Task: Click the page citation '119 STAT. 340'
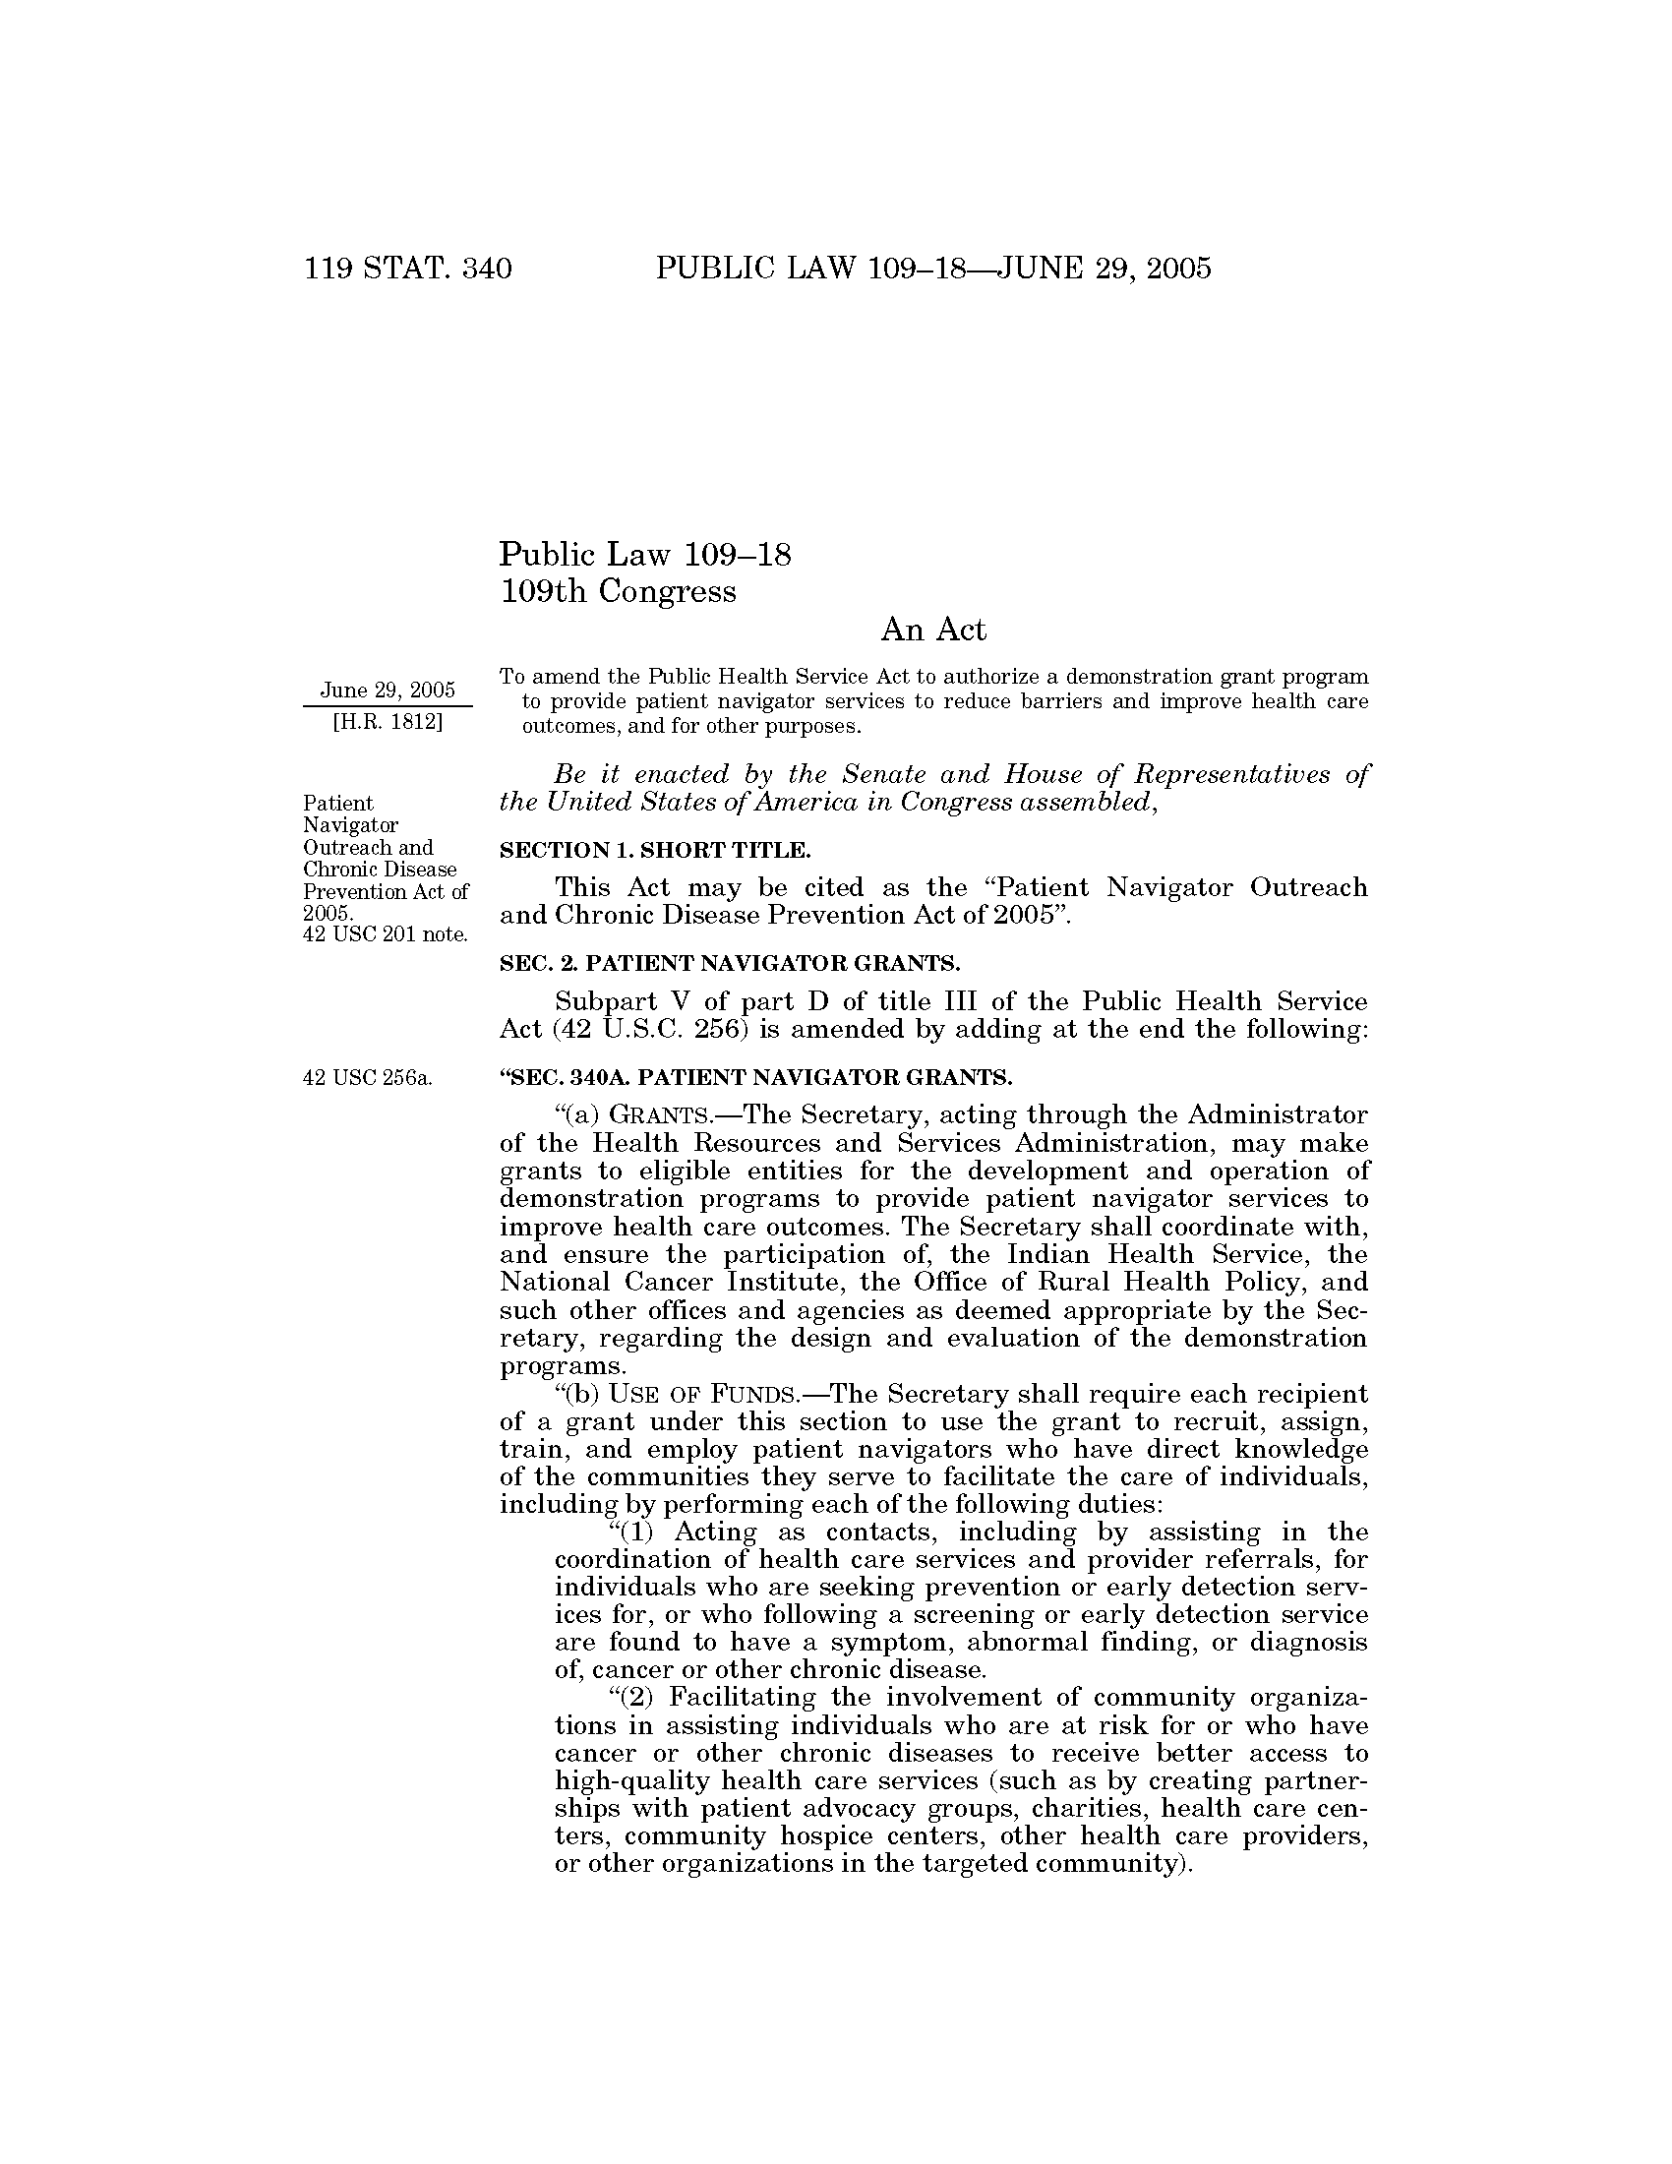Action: (408, 269)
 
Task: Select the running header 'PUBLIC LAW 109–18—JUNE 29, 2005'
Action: (933, 269)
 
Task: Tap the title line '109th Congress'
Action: (618, 591)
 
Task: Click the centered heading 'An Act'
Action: (933, 631)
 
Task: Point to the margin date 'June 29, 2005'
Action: (388, 690)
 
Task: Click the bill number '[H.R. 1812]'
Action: (388, 721)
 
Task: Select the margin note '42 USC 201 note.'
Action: (386, 933)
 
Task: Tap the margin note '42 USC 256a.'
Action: (368, 1078)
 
